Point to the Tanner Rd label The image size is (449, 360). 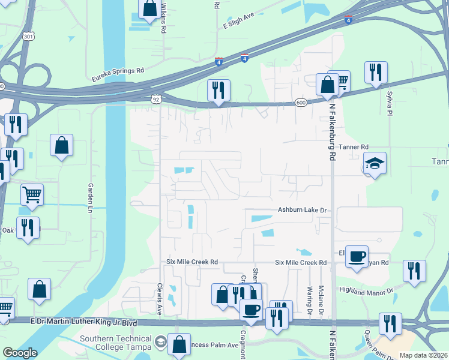pos(353,146)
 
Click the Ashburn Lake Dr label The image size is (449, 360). pos(304,210)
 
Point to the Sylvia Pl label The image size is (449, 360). pos(390,104)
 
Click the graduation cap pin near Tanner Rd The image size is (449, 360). pos(375,163)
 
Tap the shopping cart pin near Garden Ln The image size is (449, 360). pos(32,193)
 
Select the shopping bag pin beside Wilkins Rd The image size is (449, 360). pos(149,9)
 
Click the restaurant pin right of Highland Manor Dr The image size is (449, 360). pos(414,271)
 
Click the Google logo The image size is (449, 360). pos(20,353)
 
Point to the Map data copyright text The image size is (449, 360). pos(424,355)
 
